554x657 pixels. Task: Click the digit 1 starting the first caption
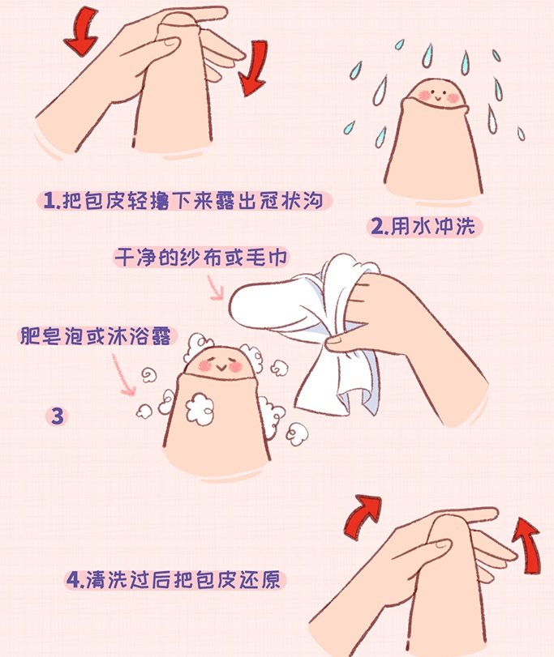tap(49, 201)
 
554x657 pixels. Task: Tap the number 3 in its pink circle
tap(57, 416)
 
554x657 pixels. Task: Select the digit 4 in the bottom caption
tap(73, 580)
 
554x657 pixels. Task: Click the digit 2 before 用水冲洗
tap(378, 227)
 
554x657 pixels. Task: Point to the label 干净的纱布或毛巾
tap(201, 258)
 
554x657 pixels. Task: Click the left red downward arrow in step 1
tap(82, 33)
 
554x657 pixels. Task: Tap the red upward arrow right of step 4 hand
tap(527, 544)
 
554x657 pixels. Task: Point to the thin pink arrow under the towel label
tap(216, 288)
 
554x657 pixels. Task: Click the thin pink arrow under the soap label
tap(123, 374)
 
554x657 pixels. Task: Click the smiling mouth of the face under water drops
tap(438, 99)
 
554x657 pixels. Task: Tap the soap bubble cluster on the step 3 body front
tap(200, 408)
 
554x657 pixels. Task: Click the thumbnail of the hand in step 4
tap(442, 544)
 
